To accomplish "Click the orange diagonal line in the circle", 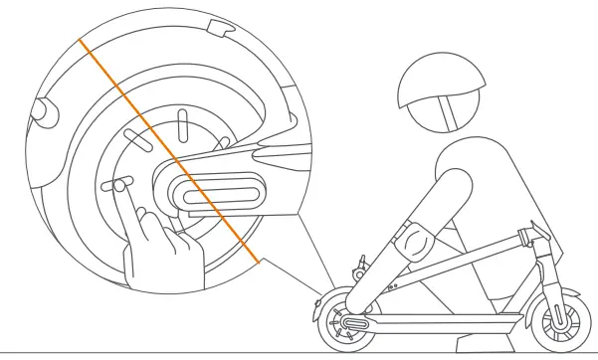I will pyautogui.click(x=169, y=149).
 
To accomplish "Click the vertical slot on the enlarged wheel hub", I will pyautogui.click(x=181, y=127).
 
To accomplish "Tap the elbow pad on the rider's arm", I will pyautogui.click(x=413, y=240).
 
